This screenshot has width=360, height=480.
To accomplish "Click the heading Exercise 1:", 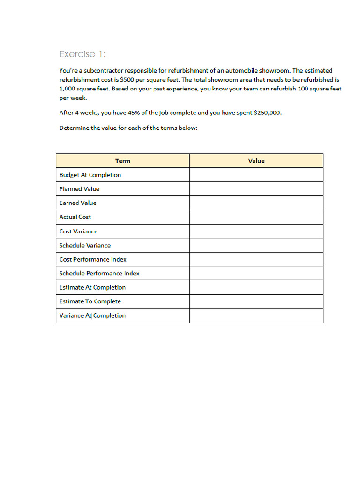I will tap(82, 54).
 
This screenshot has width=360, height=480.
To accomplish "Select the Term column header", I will tap(123, 161).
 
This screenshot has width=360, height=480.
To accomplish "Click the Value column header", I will tap(256, 161).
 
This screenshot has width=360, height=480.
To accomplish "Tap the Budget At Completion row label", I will tap(90, 175).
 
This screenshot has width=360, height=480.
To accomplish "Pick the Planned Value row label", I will tap(79, 189).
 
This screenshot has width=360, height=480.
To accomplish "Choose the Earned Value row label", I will tap(78, 203).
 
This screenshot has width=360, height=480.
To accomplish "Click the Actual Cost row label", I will tap(75, 217).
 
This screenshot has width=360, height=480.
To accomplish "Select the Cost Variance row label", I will tap(78, 231).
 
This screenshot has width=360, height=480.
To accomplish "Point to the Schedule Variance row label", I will tap(85, 245).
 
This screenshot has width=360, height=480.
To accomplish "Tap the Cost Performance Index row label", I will tap(93, 259).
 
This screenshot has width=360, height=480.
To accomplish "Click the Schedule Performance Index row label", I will tap(99, 273).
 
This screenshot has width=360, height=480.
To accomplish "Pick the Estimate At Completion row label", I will tap(92, 287).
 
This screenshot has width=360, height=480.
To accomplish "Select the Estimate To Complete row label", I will tap(90, 301).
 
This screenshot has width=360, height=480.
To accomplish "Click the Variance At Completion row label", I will tap(92, 315).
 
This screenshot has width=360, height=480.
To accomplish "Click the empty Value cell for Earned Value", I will tap(256, 203).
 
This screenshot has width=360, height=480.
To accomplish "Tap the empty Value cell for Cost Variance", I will tap(256, 231).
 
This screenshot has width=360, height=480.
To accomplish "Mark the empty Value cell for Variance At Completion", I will tap(256, 315).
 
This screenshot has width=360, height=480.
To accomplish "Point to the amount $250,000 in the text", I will tap(266, 113).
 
